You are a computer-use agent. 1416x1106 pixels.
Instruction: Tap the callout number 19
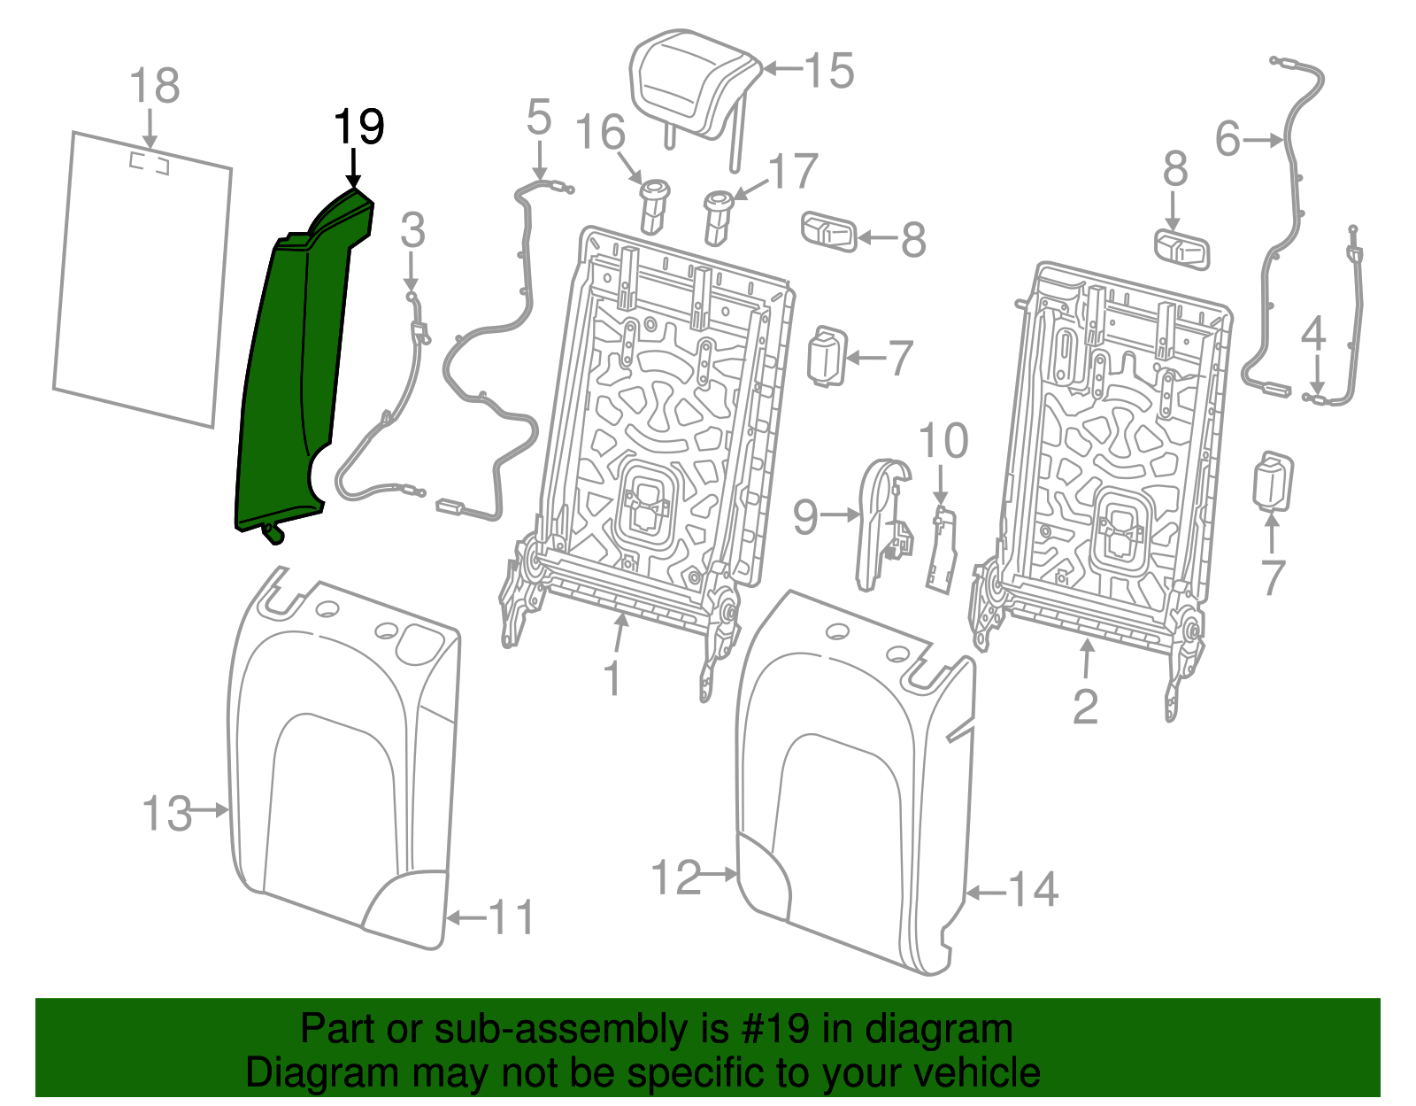[x=358, y=128]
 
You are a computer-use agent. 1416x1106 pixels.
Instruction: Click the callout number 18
[x=154, y=87]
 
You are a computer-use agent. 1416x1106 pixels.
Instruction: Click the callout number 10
[x=943, y=441]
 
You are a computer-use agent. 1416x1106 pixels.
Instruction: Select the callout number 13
[x=166, y=813]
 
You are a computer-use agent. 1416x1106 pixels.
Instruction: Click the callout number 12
[x=676, y=878]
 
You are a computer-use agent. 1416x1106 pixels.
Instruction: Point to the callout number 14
[x=1034, y=889]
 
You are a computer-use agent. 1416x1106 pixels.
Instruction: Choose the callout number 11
[x=512, y=918]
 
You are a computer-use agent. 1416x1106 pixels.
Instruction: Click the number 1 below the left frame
[x=612, y=679]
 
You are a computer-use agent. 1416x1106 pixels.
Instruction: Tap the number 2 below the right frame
[x=1085, y=706]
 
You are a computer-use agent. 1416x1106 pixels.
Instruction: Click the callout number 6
[x=1228, y=139]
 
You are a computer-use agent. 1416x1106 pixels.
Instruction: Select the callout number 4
[x=1313, y=334]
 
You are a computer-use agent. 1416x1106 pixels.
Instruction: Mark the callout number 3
[x=412, y=230]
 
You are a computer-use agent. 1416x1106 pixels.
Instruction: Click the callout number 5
[x=538, y=118]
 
